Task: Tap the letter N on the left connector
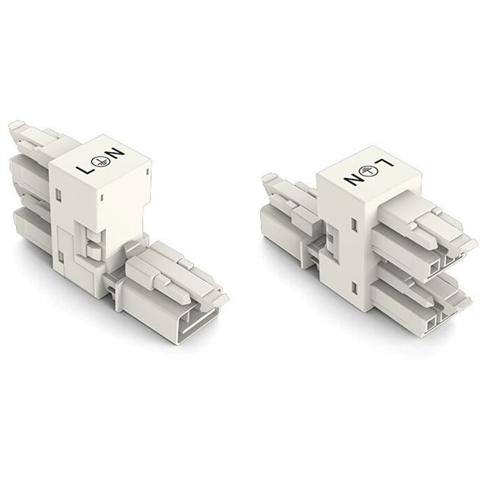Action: [118, 154]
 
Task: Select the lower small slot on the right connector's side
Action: [356, 286]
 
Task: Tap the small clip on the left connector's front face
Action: [92, 244]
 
